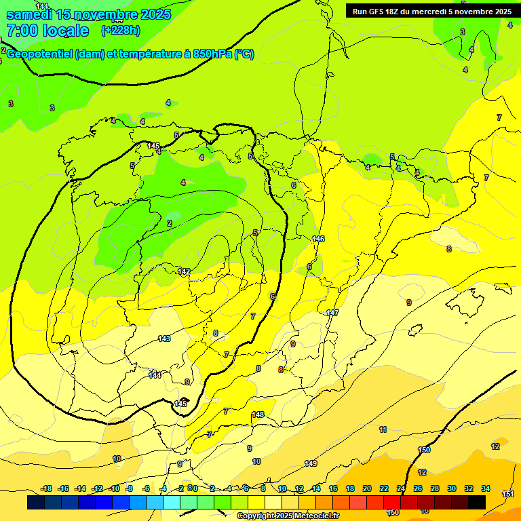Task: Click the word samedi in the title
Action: (30, 14)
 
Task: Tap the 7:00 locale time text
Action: (47, 31)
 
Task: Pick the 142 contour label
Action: (184, 271)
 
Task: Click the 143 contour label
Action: (164, 339)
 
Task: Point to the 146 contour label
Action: (318, 239)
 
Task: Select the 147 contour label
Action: (332, 313)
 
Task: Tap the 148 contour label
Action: (258, 414)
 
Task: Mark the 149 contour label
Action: (311, 463)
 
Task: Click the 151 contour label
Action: (508, 494)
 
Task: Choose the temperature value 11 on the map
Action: (383, 429)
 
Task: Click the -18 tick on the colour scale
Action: (46, 488)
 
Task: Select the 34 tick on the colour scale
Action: (486, 488)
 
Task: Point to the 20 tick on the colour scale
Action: (367, 488)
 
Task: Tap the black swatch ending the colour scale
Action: (477, 502)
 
